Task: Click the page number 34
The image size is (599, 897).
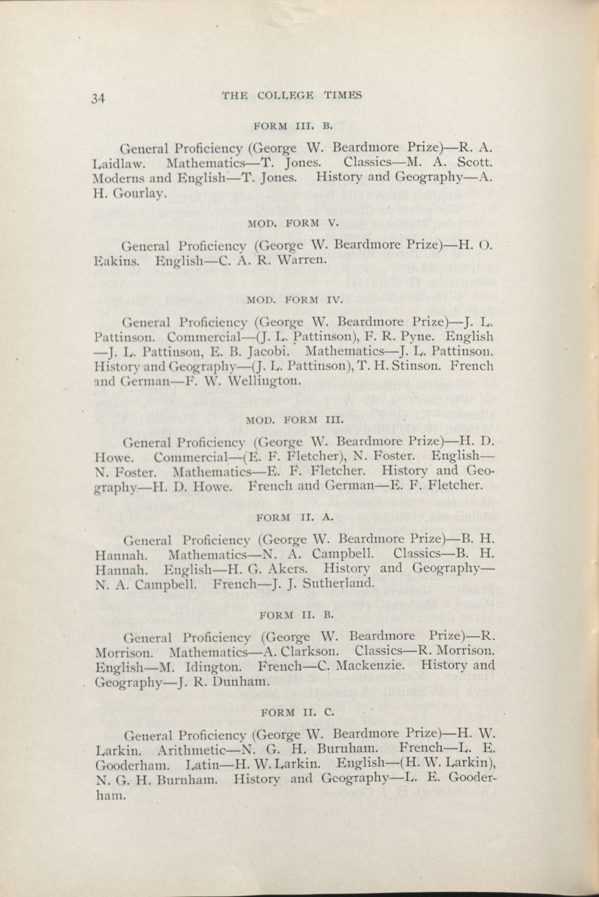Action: coord(98,98)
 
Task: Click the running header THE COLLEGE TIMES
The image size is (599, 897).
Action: coord(292,96)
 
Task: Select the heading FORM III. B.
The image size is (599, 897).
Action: coord(294,126)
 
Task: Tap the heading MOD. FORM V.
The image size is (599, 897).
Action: coord(293,224)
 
